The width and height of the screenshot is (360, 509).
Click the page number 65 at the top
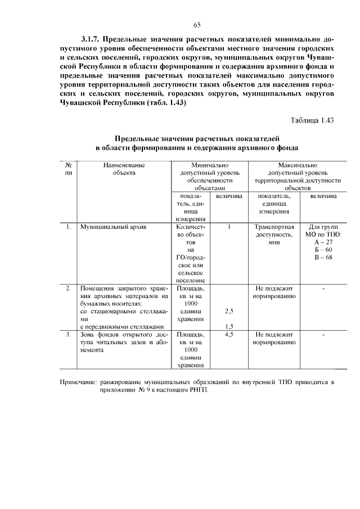tap(197, 25)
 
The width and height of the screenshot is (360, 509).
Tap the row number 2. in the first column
tap(67, 288)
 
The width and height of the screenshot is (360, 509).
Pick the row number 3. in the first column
tap(67, 335)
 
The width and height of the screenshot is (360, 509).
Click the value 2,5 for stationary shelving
tap(229, 310)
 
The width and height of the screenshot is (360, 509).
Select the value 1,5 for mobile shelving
tap(229, 326)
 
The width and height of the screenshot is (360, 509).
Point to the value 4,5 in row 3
tap(229, 335)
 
